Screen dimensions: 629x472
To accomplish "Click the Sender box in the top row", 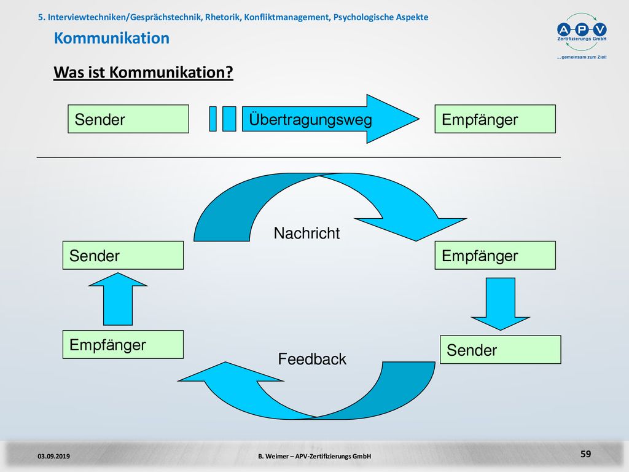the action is [x=128, y=119].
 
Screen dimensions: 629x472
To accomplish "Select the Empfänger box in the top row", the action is [x=495, y=119].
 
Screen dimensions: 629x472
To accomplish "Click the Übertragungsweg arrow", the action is [x=330, y=119].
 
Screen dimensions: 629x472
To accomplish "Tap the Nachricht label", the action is [x=307, y=233].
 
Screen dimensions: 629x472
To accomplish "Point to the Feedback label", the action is [x=312, y=359].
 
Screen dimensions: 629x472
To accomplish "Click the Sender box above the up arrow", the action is [x=123, y=255].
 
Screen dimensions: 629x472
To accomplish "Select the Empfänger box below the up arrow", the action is [x=123, y=344].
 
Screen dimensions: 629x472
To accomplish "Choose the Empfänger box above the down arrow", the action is [x=495, y=255].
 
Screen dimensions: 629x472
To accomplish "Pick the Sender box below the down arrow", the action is [x=500, y=350].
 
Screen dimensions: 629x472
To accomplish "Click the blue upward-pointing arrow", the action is [x=118, y=299].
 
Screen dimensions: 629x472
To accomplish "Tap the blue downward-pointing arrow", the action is [x=500, y=304].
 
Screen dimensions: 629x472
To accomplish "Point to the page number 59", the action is [x=585, y=454].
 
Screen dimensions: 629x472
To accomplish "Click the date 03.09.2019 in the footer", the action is [x=54, y=456].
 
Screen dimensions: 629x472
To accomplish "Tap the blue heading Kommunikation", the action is [x=112, y=38].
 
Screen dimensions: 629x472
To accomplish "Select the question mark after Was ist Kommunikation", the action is [x=229, y=73].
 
